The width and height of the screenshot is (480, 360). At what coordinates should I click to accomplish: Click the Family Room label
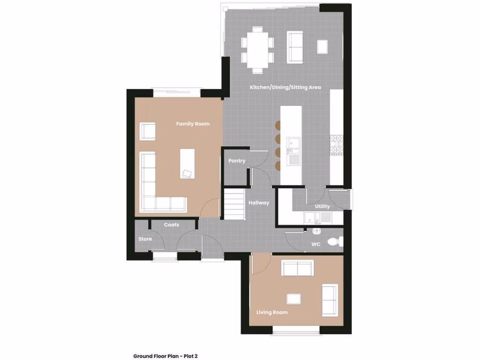(x=193, y=124)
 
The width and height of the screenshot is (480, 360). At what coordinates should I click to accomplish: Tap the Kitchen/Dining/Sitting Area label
(x=285, y=87)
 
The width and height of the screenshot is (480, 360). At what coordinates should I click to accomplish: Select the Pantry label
(x=237, y=161)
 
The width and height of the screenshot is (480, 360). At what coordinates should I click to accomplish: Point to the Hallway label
(x=259, y=203)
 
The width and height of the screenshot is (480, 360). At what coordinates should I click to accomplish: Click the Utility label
(x=322, y=206)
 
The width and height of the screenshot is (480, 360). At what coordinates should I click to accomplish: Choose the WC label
(x=316, y=244)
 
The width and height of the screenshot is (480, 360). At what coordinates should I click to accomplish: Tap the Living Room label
(x=272, y=312)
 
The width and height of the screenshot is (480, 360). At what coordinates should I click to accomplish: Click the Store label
(x=145, y=239)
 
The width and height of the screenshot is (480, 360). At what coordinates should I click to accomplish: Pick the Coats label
(x=172, y=225)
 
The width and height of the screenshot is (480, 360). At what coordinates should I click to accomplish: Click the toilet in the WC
(x=335, y=242)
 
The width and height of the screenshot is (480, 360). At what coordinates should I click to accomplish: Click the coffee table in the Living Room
(x=294, y=299)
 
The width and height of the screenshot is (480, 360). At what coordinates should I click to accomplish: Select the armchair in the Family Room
(x=148, y=131)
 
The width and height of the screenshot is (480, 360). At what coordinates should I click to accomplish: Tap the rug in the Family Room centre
(x=187, y=163)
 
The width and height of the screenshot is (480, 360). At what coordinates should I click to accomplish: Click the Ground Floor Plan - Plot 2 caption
(x=165, y=356)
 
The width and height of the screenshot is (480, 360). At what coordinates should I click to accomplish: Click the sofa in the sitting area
(x=295, y=47)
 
